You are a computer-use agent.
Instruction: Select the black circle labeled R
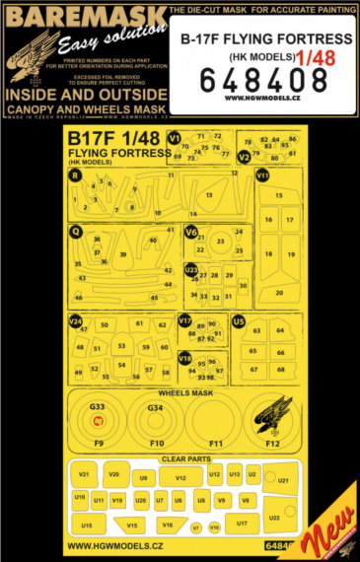pyautogui.click(x=75, y=176)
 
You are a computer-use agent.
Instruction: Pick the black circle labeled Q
pyautogui.click(x=75, y=232)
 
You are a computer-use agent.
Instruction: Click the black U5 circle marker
pyautogui.click(x=238, y=320)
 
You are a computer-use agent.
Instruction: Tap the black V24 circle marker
pyautogui.click(x=75, y=321)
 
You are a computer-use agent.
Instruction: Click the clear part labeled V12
pyautogui.click(x=180, y=478)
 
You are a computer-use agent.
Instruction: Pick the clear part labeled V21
pyautogui.click(x=85, y=476)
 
